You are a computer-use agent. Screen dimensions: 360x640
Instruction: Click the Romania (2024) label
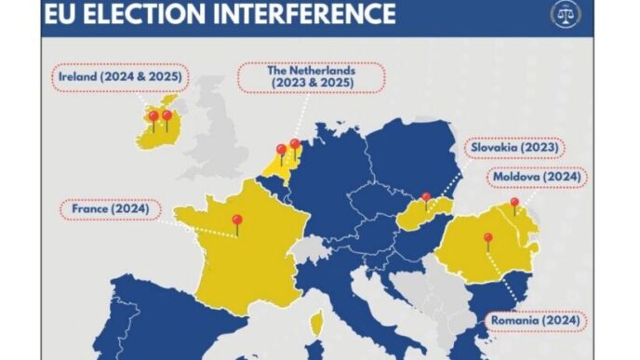pos(535,321)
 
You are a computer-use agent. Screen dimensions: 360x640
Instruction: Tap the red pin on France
pos(237,221)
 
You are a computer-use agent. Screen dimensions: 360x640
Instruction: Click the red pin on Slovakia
pos(426,197)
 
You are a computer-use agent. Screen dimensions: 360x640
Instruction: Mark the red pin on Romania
pos(487,239)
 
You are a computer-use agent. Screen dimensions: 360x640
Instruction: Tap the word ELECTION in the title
pos(152,14)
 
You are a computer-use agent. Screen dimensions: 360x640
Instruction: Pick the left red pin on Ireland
pos(153,118)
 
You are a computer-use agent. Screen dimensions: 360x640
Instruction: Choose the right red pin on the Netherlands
pos(295,146)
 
